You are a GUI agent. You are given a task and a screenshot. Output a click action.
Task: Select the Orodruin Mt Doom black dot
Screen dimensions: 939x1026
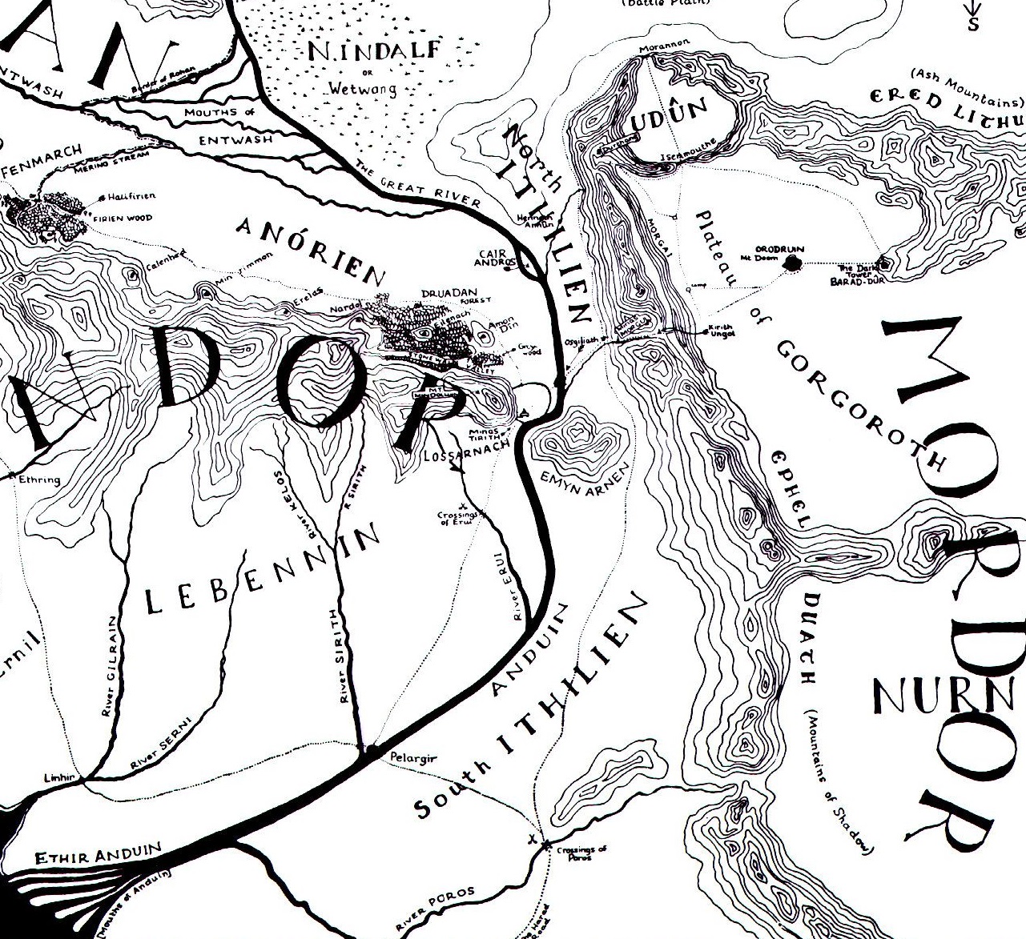click(793, 262)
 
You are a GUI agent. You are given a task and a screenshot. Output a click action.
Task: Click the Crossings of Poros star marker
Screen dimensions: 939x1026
click(545, 845)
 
